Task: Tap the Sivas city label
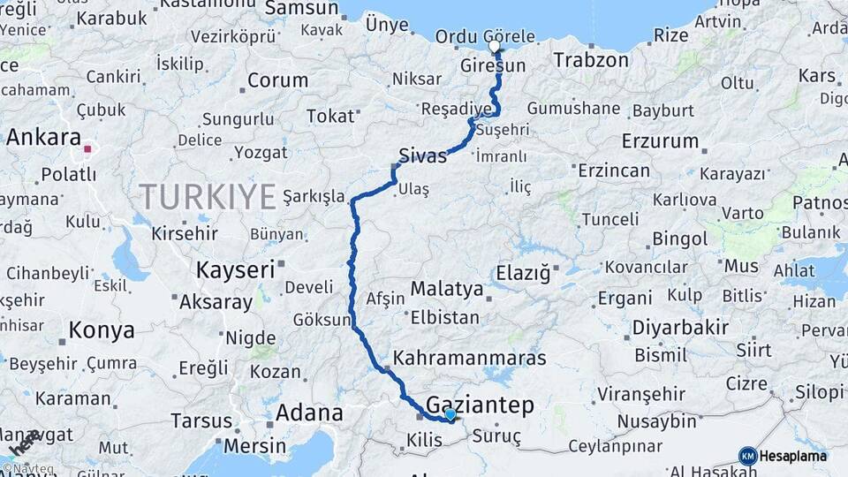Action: coord(423,155)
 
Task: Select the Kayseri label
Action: coord(235,270)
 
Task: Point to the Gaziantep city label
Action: coord(481,405)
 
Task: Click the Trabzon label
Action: coord(591,60)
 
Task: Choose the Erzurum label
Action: coord(660,141)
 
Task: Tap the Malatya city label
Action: coord(447,290)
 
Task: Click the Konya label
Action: coord(102,330)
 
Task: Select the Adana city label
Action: coord(309,413)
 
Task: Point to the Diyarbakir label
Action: coord(680,329)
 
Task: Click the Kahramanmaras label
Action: coord(470,359)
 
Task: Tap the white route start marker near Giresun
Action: coord(495,46)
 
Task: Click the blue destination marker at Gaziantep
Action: coord(450,414)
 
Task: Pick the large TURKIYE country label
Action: coord(208,197)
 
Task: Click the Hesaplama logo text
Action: coord(793,456)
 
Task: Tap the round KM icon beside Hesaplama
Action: coord(747,456)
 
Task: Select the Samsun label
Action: coord(301,9)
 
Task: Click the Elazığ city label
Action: coord(523,273)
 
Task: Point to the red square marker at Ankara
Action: coord(87,149)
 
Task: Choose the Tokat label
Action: coord(329,117)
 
